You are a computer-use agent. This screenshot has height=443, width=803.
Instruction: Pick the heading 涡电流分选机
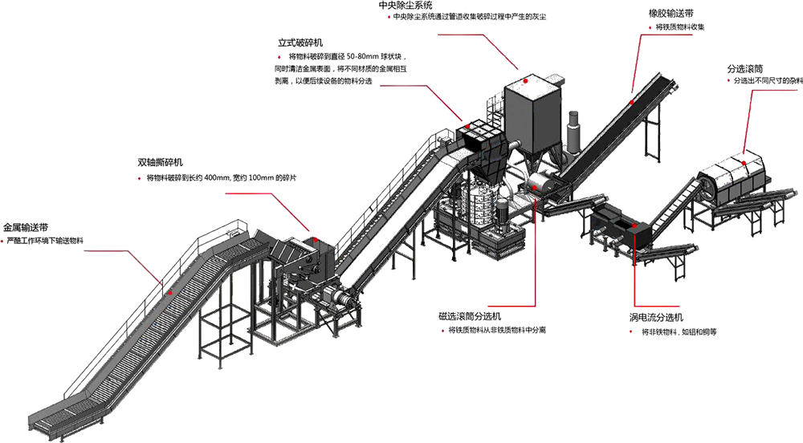click(x=656, y=317)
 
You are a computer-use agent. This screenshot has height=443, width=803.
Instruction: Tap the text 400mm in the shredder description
click(x=218, y=178)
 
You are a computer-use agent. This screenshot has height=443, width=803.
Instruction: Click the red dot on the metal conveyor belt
click(x=170, y=293)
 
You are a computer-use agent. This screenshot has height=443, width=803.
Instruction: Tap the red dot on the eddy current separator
click(x=635, y=226)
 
